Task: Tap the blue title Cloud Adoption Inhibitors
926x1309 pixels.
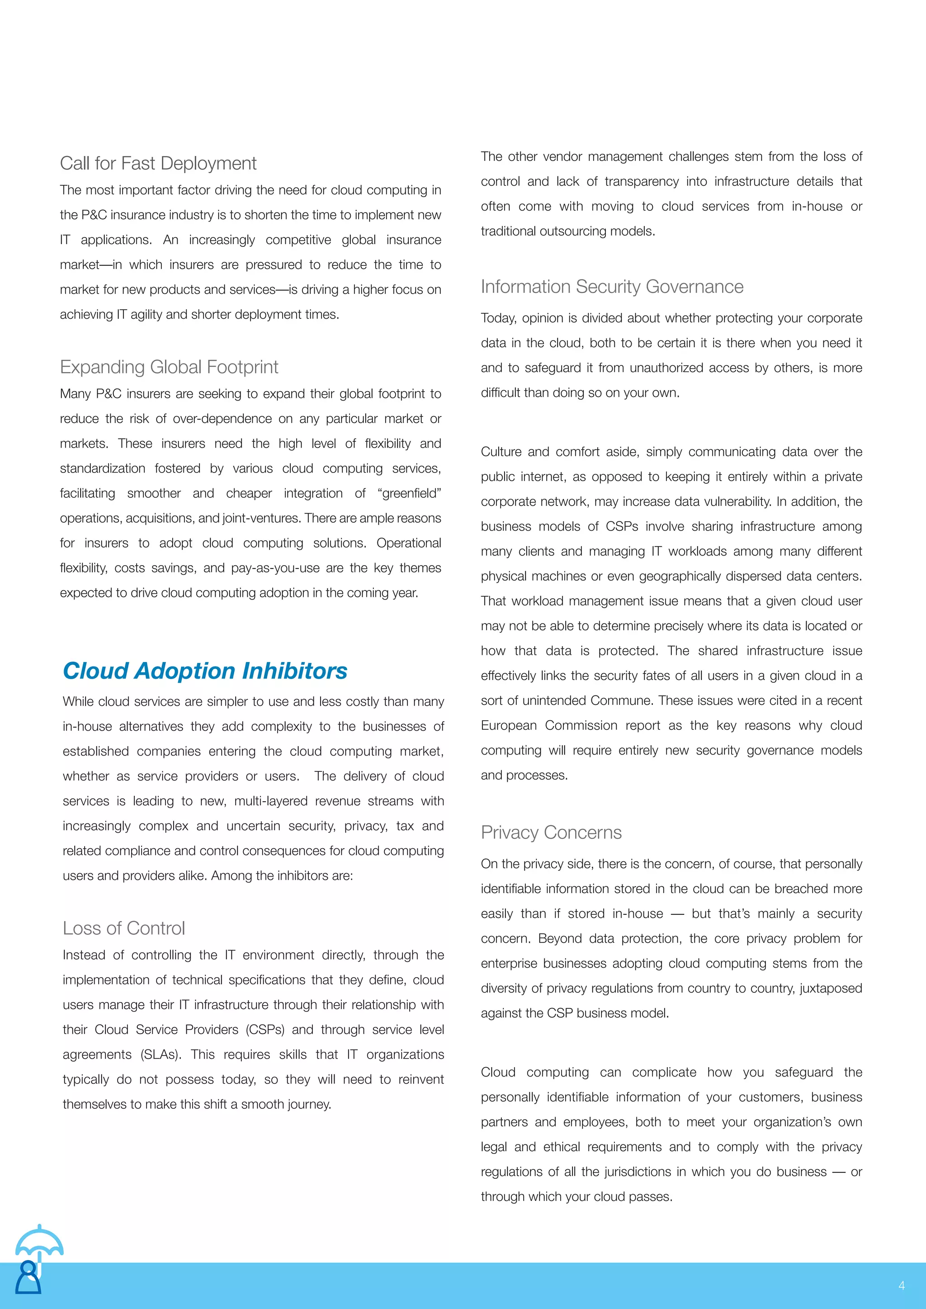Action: coord(205,671)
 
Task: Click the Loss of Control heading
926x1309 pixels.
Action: coord(124,928)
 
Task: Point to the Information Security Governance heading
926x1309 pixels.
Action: coord(612,287)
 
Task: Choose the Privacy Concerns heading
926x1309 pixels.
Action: coord(551,832)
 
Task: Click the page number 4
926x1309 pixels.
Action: coord(901,1285)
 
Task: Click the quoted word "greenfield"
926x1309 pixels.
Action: coord(409,494)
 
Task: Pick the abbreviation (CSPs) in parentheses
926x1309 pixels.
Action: coord(265,1030)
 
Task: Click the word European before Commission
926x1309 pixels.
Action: coord(509,726)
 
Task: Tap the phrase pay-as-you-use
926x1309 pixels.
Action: coord(275,568)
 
